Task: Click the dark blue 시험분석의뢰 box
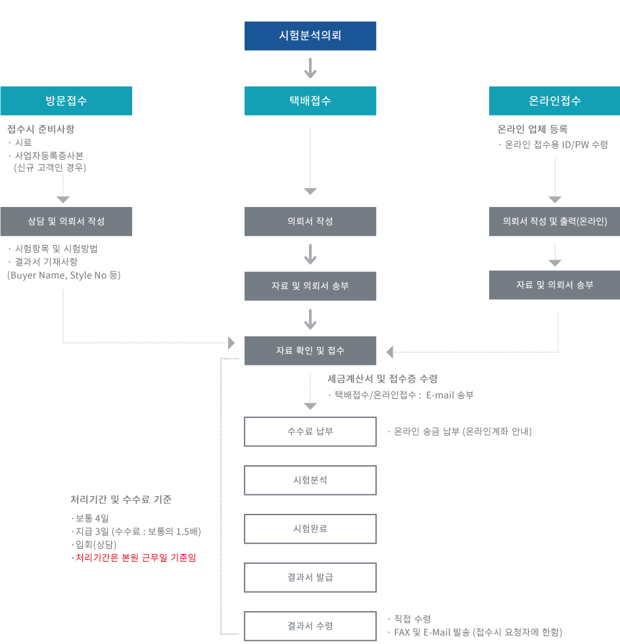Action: coord(310,36)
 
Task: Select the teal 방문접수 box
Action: coord(66,101)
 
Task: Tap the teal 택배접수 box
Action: coord(310,101)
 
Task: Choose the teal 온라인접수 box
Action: coord(554,101)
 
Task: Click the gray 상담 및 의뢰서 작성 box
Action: coord(66,221)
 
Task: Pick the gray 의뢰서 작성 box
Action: coord(310,221)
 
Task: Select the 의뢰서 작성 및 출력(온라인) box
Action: coord(554,221)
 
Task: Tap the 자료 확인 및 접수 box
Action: coord(310,351)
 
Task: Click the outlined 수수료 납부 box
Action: coord(310,432)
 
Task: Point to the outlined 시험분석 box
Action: coord(310,480)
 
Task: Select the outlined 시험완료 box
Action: coord(310,529)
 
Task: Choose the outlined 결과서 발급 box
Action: coord(310,578)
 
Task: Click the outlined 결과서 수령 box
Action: coord(310,626)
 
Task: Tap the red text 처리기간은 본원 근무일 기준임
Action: coord(135,558)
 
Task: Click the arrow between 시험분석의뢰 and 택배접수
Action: coord(310,68)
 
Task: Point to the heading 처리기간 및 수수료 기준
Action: coord(121,499)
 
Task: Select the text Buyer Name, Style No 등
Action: coord(64,275)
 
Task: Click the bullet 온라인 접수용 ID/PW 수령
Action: coord(556,145)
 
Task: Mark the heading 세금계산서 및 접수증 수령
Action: coord(383,379)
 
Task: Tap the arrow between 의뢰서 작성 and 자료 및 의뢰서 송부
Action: coord(310,254)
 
